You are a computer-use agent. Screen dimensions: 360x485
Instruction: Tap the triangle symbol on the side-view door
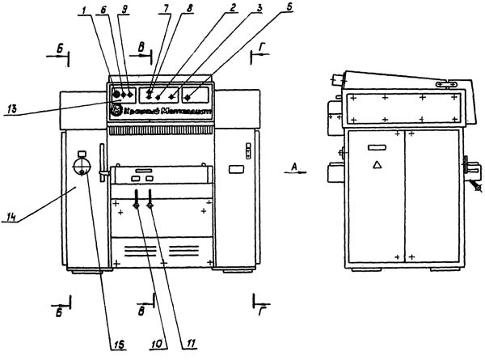(376, 164)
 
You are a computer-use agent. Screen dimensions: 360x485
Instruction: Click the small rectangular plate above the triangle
(377, 147)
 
